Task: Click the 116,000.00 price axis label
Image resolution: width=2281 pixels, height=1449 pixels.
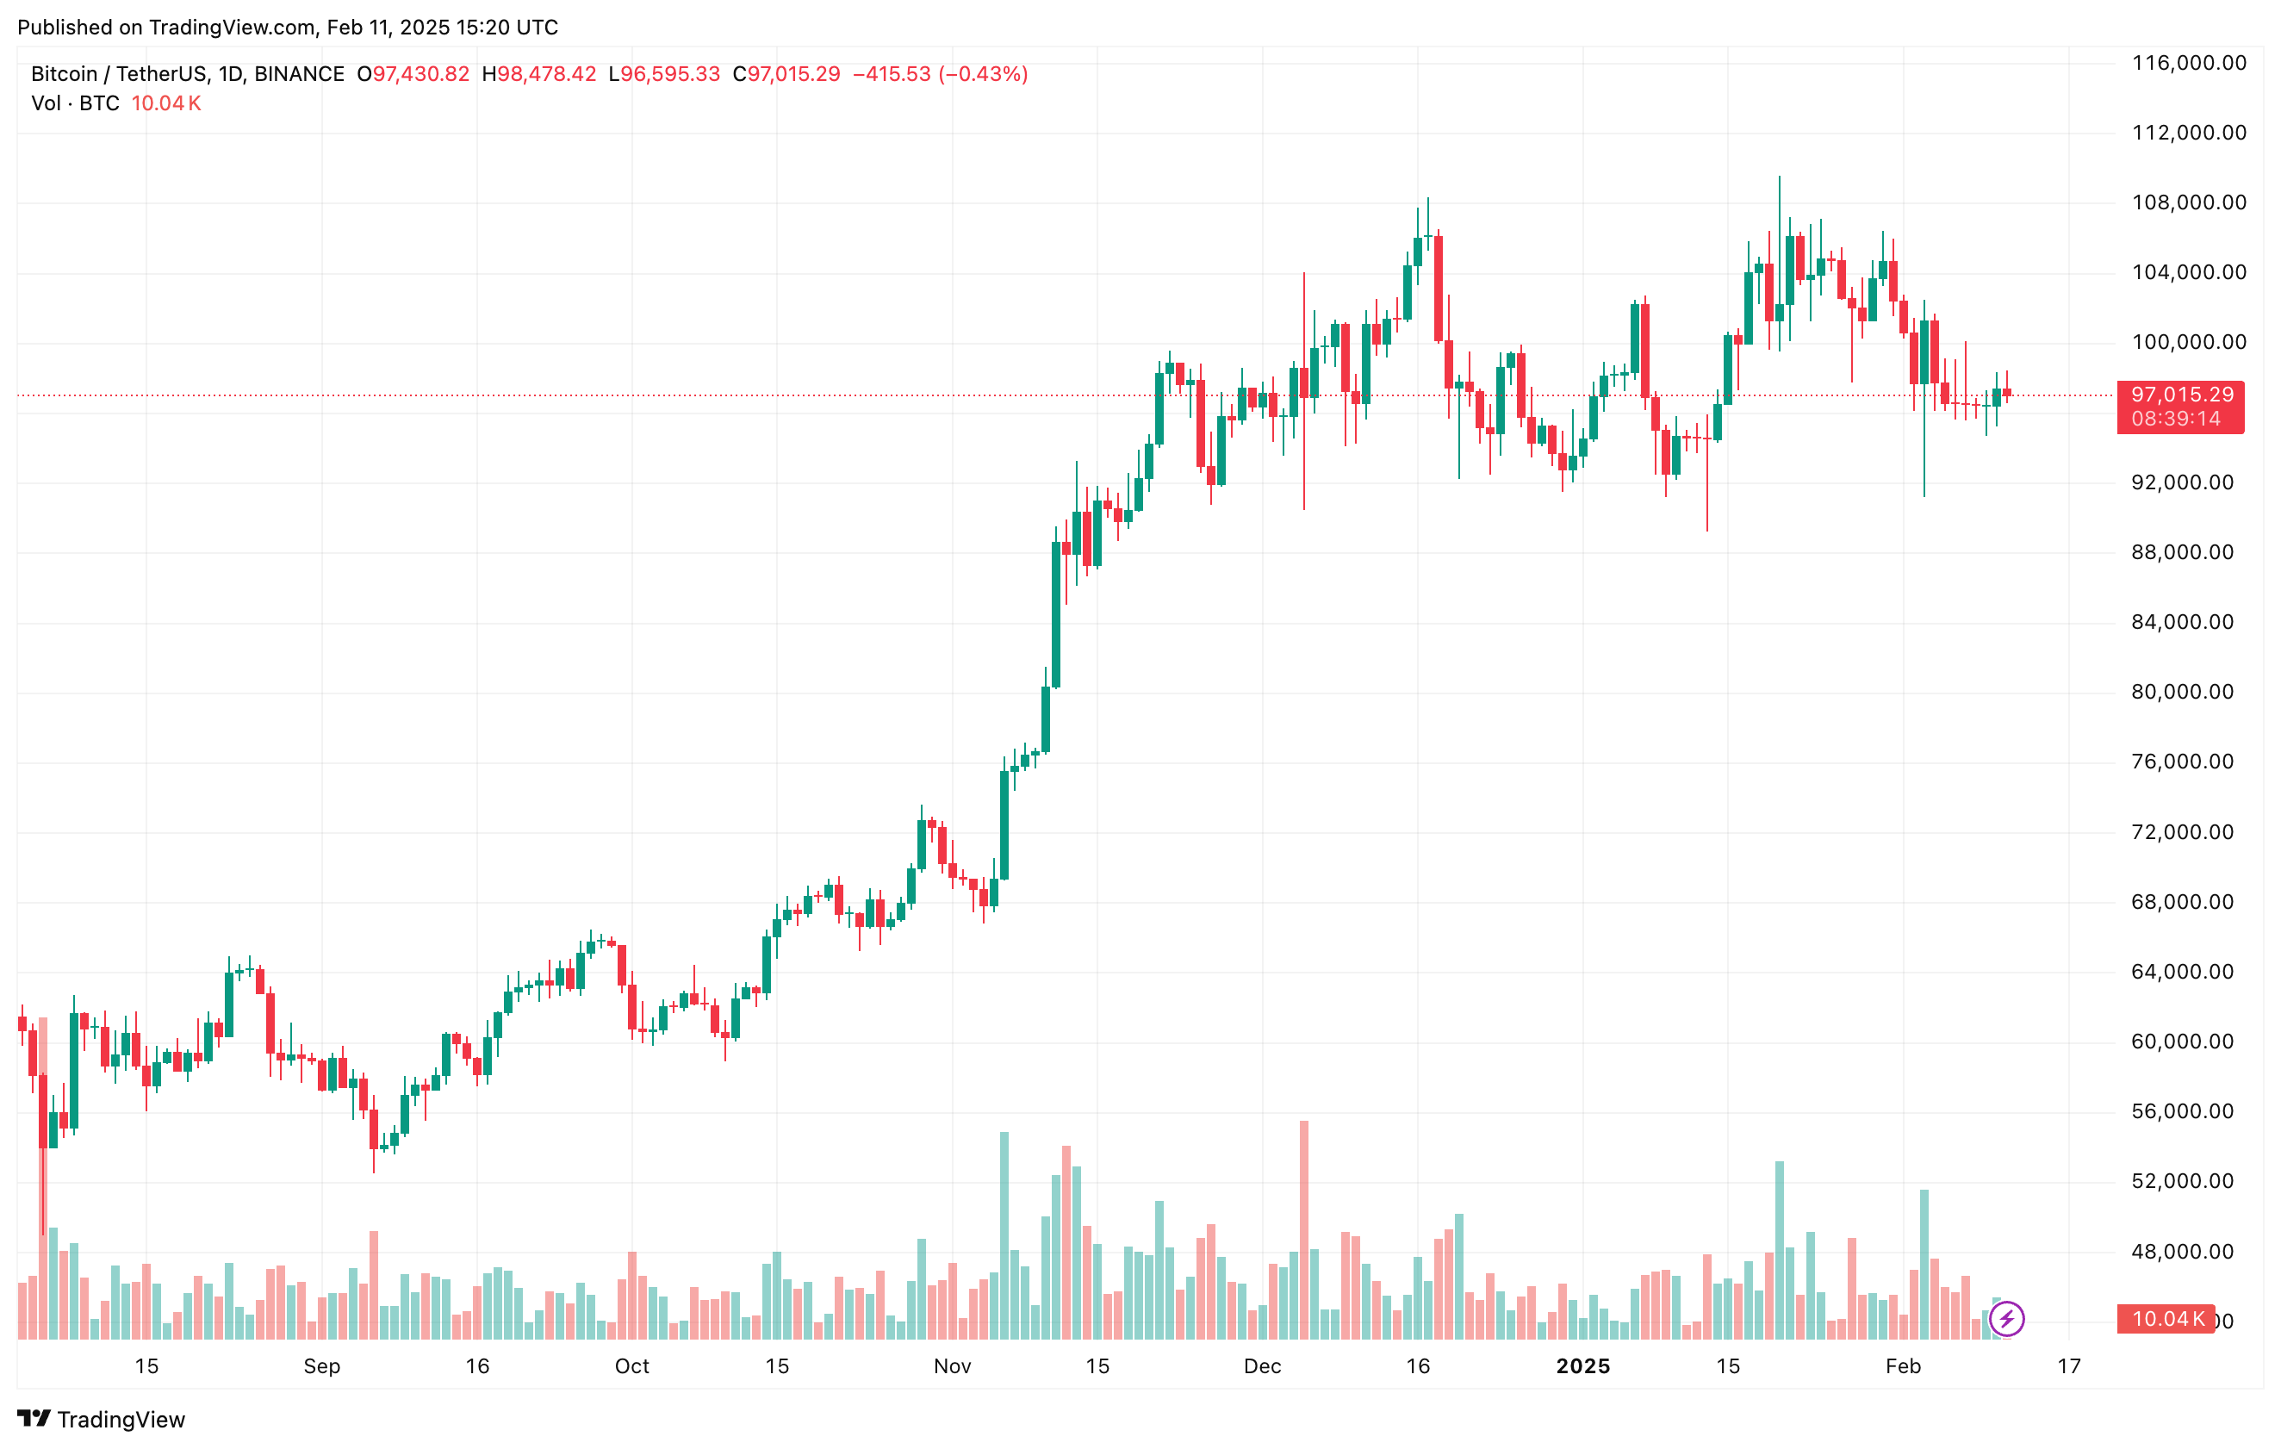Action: [2188, 64]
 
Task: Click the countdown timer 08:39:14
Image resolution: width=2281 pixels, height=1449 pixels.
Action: [2176, 419]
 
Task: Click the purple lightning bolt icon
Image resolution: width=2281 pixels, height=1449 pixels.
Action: [2006, 1318]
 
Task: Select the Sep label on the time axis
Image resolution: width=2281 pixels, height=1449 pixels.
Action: [322, 1366]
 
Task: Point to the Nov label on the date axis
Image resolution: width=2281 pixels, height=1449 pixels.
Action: [952, 1366]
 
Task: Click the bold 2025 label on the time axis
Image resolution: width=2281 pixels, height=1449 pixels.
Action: [1583, 1366]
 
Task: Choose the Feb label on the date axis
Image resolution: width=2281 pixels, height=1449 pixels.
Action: [1903, 1366]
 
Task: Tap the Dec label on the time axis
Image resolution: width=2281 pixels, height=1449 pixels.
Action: [1262, 1366]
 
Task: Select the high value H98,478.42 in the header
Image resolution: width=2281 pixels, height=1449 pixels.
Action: [539, 74]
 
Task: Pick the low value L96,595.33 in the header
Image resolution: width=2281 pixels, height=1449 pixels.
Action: [664, 74]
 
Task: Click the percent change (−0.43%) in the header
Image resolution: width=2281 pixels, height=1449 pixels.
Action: [983, 74]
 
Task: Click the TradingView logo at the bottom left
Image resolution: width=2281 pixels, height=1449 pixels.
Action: [102, 1419]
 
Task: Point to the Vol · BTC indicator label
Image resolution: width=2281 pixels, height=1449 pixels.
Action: [75, 103]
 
